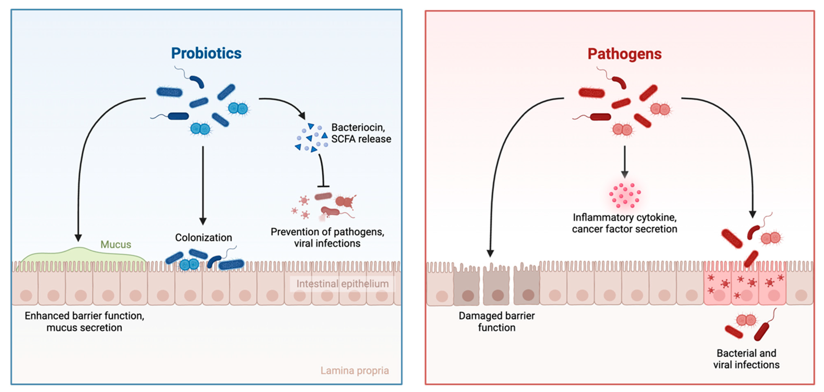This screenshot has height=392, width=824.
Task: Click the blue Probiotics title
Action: click(x=206, y=53)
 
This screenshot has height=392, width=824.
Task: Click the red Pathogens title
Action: click(x=624, y=54)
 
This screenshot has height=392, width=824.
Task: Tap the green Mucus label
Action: click(x=116, y=244)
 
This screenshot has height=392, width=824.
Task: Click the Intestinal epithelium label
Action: click(x=342, y=284)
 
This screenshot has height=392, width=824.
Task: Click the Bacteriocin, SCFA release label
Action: click(x=361, y=133)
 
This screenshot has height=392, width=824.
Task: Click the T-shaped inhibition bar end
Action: click(x=323, y=186)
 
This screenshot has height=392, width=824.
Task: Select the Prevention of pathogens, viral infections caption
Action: click(x=327, y=237)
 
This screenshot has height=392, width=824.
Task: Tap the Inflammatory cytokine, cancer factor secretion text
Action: click(x=624, y=223)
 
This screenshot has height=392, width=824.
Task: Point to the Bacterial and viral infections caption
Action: click(x=746, y=359)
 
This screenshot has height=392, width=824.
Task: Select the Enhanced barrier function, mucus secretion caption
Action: click(x=85, y=322)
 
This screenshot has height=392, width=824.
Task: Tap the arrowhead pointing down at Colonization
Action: click(x=203, y=221)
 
